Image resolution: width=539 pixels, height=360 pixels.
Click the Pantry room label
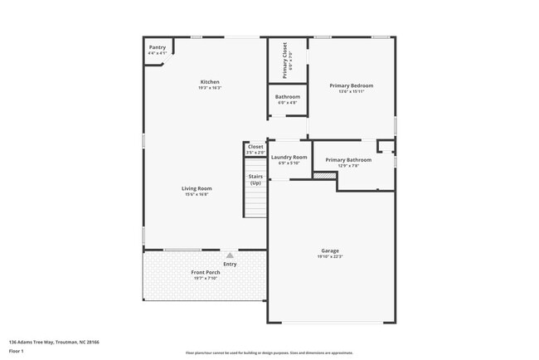[158, 47]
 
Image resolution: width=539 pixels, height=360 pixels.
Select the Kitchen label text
[209, 81]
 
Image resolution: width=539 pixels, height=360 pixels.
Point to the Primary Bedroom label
[351, 85]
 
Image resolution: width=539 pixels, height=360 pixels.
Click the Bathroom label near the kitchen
[288, 96]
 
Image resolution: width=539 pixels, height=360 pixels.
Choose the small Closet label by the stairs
[255, 147]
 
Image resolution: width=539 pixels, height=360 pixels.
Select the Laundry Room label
[289, 157]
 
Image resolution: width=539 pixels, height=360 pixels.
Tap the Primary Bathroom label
[348, 159]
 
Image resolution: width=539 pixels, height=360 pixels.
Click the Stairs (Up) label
[255, 179]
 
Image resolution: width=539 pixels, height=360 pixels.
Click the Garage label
[330, 251]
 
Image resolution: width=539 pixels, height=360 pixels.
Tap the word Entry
[230, 264]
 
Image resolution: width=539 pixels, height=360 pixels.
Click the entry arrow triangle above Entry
[230, 255]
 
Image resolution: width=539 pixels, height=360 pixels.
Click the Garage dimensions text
[330, 256]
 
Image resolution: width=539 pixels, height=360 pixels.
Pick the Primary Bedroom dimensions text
[351, 91]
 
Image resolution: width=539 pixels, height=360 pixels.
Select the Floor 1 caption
[17, 351]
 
